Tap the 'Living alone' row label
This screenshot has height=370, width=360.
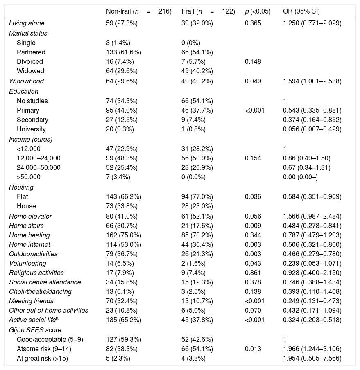27,23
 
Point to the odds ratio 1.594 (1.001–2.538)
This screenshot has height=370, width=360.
312,81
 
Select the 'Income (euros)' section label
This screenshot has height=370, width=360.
31,139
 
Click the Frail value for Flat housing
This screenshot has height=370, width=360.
197,196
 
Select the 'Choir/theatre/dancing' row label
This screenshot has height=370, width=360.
40,292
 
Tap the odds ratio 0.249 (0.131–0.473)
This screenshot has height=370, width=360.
312,301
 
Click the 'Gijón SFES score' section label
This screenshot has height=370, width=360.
34,330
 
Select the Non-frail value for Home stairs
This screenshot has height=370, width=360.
122,225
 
